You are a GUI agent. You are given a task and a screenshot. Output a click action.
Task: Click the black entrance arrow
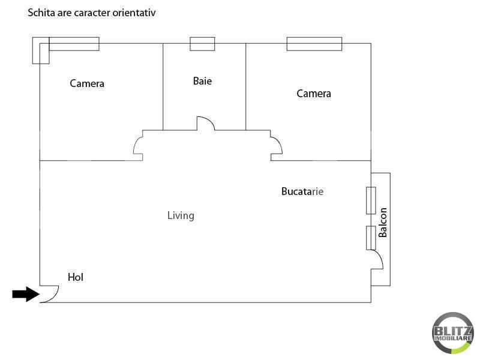coord(25,294)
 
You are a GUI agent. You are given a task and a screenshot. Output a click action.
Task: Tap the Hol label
coord(75,277)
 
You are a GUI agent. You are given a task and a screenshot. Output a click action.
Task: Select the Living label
coord(181,215)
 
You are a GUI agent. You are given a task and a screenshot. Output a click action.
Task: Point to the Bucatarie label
coord(302,191)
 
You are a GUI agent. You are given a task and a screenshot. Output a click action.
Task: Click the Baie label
coord(202,81)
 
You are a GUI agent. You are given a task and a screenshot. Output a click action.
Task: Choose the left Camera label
coord(87,83)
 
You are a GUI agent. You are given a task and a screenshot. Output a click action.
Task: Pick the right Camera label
coord(314,94)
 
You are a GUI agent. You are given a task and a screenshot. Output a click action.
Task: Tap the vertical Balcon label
coord(383,222)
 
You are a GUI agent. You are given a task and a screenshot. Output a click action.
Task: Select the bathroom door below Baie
coord(206,123)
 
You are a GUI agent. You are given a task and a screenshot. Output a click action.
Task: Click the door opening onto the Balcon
coord(377,259)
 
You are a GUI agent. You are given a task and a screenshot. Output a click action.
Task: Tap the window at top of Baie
coord(202,44)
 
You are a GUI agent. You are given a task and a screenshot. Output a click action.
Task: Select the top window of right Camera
coord(314,44)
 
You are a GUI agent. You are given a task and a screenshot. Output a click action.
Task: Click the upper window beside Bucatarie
coord(371,200)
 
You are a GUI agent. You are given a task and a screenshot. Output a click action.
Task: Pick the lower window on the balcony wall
coord(371,238)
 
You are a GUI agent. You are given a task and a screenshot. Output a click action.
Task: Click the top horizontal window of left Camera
coord(74,44)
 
